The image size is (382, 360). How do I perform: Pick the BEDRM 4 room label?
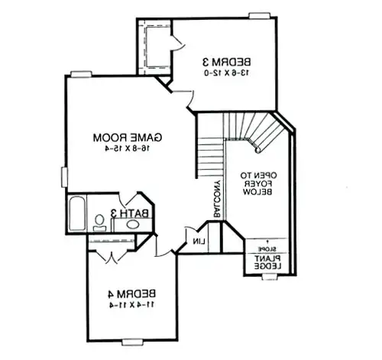click(131, 293)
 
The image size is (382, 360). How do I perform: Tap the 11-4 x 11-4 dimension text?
click(131, 304)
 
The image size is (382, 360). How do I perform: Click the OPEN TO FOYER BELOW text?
click(257, 184)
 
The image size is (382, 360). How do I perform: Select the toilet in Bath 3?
click(99, 222)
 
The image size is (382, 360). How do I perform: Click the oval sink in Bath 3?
click(132, 225)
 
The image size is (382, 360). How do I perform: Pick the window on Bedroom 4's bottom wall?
click(133, 340)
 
